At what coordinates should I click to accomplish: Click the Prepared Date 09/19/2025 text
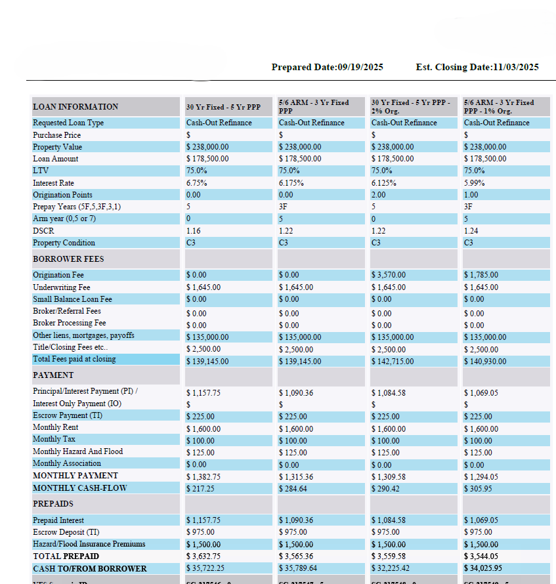327,67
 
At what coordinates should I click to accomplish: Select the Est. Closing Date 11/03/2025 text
477,67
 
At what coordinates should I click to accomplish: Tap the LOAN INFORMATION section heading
75,107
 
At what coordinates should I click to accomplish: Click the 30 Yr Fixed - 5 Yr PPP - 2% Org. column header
410,107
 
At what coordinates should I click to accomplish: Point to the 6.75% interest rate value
196,183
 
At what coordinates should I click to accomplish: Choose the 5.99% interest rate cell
474,183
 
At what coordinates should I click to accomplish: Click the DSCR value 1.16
193,231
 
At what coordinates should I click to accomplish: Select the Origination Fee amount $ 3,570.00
389,275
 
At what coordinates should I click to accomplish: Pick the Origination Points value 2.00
379,195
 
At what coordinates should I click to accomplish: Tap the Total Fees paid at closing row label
74,359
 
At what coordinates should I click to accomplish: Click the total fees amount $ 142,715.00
393,362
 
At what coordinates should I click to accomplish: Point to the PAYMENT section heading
53,375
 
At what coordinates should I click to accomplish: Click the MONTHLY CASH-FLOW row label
79,488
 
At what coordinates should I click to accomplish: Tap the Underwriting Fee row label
62,287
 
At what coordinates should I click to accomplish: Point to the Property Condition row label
64,243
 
